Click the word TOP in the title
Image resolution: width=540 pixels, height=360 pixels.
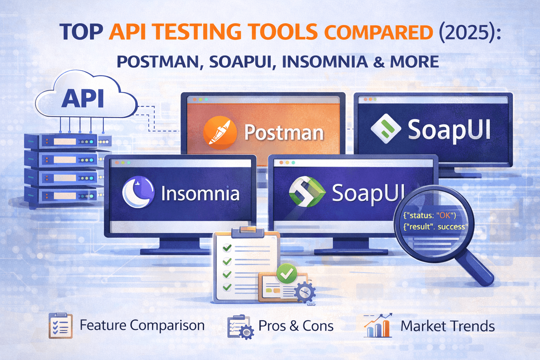click(81, 32)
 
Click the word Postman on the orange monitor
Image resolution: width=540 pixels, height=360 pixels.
click(284, 133)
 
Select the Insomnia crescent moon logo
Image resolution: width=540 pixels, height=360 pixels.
click(138, 192)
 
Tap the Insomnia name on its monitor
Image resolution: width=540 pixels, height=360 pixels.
click(200, 194)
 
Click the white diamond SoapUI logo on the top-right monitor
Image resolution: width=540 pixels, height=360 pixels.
click(386, 129)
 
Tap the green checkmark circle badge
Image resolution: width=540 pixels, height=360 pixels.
click(287, 274)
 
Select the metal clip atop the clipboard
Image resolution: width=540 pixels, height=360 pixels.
click(247, 231)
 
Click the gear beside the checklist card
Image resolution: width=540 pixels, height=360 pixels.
click(305, 292)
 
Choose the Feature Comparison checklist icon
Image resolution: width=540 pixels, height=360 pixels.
click(60, 326)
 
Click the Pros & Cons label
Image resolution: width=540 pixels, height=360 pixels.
click(296, 326)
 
